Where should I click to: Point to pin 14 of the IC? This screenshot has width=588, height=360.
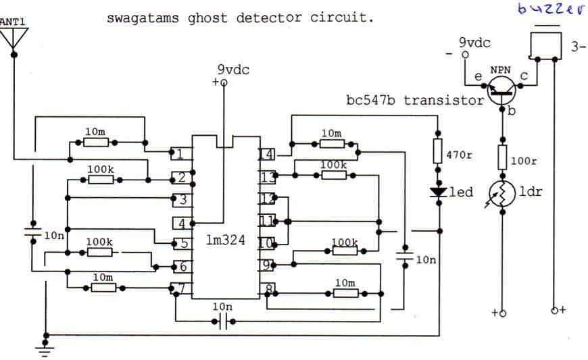point(266,154)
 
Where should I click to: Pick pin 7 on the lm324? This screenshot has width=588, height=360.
point(180,289)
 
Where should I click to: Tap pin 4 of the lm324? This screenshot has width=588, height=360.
point(182,223)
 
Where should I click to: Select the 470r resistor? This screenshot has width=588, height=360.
point(439,154)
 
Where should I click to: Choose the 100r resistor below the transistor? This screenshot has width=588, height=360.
point(502,157)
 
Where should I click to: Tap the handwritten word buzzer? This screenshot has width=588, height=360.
point(549,9)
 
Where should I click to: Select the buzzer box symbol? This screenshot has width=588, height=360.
point(546,45)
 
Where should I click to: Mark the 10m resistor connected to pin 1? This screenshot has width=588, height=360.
point(95,143)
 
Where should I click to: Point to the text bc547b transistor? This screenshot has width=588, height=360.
point(415,100)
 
